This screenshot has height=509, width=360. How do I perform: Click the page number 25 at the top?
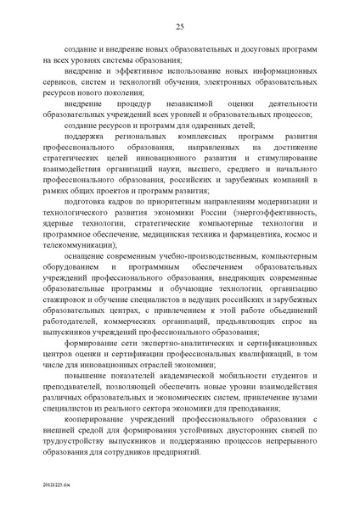(x=180, y=27)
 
